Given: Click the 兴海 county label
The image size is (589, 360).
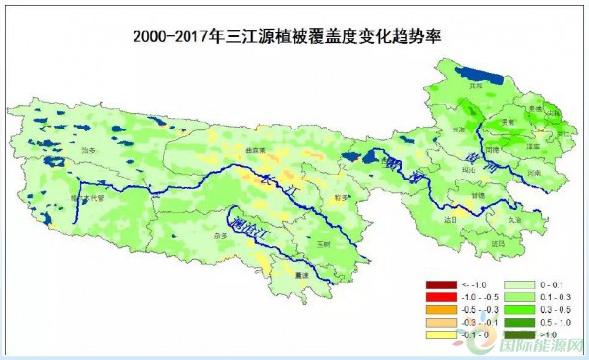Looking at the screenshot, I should (x=457, y=128).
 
